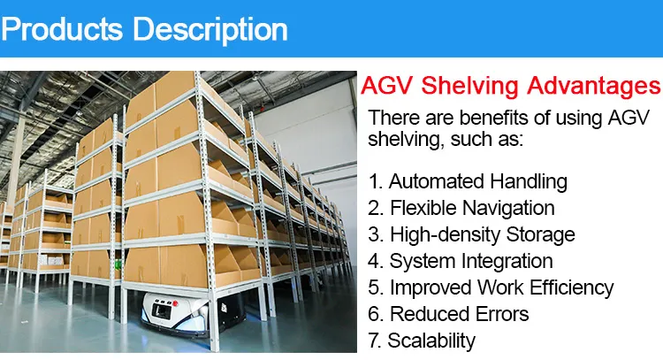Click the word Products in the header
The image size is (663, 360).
tap(61, 28)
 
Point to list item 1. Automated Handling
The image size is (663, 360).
tap(467, 182)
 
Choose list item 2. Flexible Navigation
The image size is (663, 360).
tap(461, 209)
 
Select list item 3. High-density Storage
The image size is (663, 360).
tap(471, 234)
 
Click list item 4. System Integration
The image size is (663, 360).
tap(461, 261)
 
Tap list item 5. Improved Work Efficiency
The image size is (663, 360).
tap(491, 287)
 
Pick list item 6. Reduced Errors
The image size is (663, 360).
tap(448, 314)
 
